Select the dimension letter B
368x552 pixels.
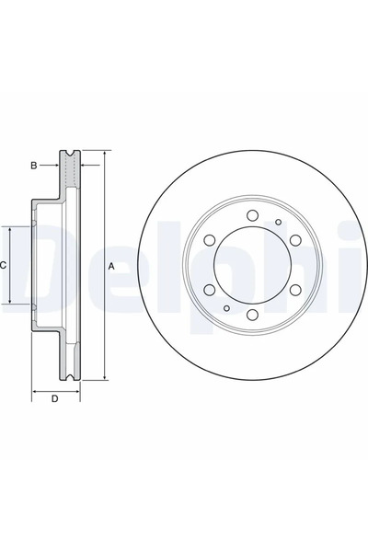[x=33, y=166]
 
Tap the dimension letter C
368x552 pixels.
[x=4, y=265]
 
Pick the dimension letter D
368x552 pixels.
[x=54, y=398]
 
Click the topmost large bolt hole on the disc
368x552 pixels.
[x=252, y=216]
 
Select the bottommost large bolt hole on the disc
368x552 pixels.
[x=252, y=315]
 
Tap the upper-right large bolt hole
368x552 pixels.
[x=294, y=241]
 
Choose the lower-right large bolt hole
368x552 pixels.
[x=294, y=290]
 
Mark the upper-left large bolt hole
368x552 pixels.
[x=210, y=241]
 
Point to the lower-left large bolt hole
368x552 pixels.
[x=210, y=290]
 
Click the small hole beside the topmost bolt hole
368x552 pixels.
[x=278, y=222]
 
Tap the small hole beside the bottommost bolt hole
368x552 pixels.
[x=226, y=309]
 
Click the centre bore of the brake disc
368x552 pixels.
[x=252, y=265]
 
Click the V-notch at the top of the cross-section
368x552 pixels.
[x=70, y=152]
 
